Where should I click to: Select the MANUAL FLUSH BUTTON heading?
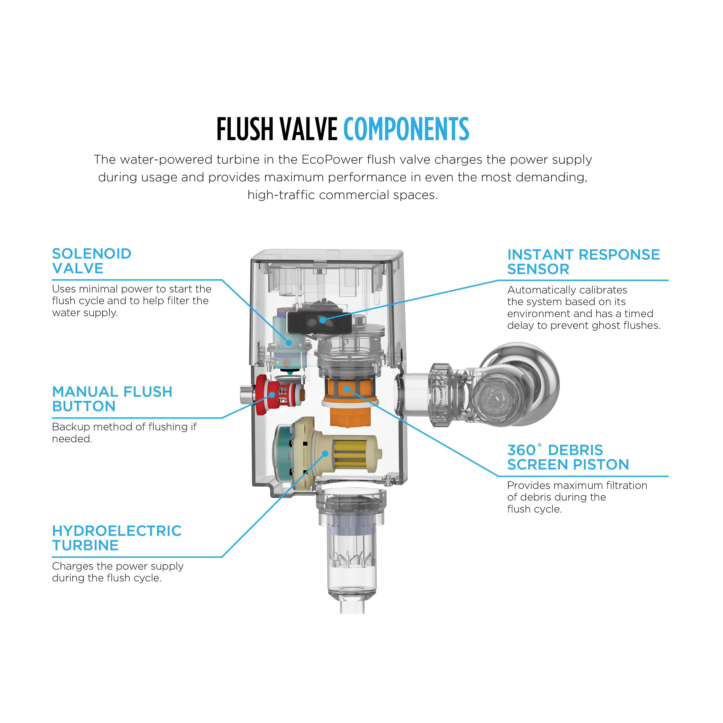click(112, 399)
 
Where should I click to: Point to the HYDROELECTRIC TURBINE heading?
click(116, 538)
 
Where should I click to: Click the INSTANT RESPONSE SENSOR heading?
click(583, 262)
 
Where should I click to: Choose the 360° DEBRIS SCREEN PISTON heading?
click(568, 457)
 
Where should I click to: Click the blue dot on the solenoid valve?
click(288, 342)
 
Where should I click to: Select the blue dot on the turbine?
click(325, 453)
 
